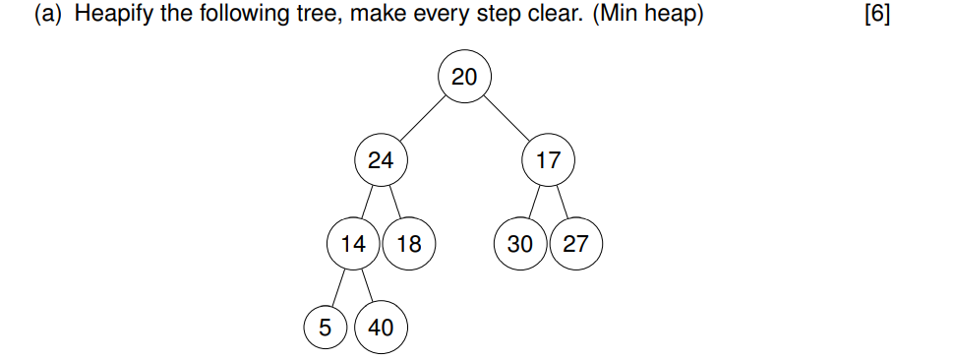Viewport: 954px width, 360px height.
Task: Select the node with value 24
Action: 381,160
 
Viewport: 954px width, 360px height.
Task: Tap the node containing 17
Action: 548,160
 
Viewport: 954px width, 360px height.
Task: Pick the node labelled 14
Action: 353,244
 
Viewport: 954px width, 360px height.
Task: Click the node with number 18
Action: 408,244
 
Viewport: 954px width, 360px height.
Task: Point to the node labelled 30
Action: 520,244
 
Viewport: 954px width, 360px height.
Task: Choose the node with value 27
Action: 575,244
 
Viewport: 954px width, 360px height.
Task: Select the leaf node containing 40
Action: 381,327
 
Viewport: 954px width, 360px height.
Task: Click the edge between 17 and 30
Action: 534,203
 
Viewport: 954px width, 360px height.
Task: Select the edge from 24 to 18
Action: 394,203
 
